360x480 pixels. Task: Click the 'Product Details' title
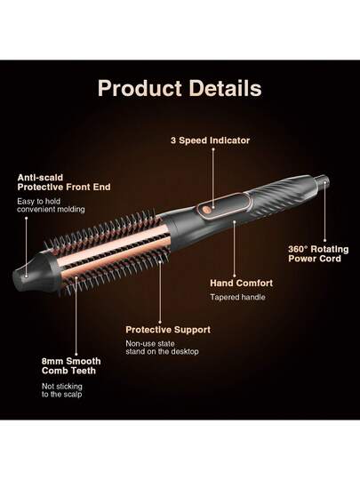click(x=180, y=89)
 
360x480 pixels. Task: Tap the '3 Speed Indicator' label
click(x=211, y=140)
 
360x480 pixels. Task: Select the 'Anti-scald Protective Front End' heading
click(x=64, y=182)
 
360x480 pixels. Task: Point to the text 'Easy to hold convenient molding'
click(x=51, y=205)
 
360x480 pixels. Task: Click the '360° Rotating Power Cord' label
click(x=318, y=253)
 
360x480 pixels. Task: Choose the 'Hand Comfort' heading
click(x=242, y=284)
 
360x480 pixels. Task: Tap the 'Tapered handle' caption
click(x=237, y=297)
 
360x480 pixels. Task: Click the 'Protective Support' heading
click(x=168, y=330)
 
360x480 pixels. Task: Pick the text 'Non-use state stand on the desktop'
click(x=162, y=348)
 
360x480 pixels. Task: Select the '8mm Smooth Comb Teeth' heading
click(x=71, y=366)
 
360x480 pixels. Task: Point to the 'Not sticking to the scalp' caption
click(x=62, y=390)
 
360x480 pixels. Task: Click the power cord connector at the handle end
click(x=323, y=180)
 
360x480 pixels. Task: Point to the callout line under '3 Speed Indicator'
click(x=213, y=178)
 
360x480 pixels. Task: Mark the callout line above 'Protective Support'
click(x=160, y=292)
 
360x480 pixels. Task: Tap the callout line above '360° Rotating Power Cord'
click(x=324, y=212)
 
